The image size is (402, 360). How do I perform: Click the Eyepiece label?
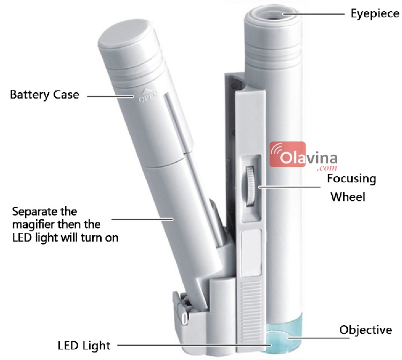(x=375, y=13)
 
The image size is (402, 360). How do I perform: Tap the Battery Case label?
(x=44, y=95)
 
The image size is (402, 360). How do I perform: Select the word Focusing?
(x=352, y=178)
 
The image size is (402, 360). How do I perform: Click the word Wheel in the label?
(x=348, y=197)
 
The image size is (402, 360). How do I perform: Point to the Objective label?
(x=366, y=329)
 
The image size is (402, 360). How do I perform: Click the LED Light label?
(x=84, y=345)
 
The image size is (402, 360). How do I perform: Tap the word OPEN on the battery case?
(x=146, y=99)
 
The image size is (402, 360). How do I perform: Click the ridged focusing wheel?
(x=251, y=185)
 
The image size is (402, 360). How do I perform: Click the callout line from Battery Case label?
(x=110, y=96)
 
